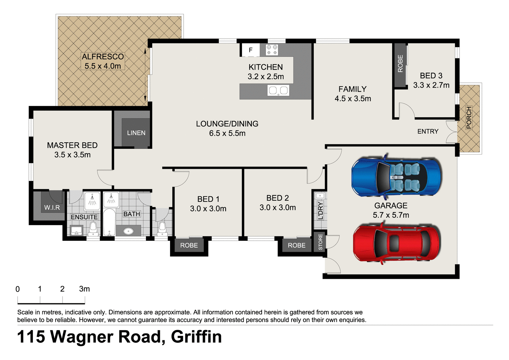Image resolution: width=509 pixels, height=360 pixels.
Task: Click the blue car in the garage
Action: click(x=396, y=177)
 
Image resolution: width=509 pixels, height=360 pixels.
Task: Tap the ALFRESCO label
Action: click(x=102, y=57)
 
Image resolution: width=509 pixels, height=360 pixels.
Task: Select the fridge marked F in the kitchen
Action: click(x=250, y=50)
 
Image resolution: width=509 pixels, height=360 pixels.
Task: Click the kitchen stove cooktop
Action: click(x=272, y=50)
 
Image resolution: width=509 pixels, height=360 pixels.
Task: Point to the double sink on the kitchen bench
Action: click(x=278, y=90)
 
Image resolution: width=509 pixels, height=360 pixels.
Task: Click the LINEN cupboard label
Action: click(x=136, y=133)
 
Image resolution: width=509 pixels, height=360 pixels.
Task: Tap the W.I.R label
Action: click(x=52, y=208)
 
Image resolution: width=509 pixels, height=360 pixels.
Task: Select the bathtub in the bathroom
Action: click(x=109, y=222)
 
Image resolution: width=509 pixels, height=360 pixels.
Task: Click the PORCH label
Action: click(x=469, y=118)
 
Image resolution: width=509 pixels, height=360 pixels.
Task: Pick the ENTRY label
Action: click(x=428, y=131)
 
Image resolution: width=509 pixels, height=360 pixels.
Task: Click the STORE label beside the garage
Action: click(x=320, y=242)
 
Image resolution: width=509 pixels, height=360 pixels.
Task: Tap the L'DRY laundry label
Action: click(x=320, y=211)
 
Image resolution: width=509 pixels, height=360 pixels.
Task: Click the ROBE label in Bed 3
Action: click(x=400, y=64)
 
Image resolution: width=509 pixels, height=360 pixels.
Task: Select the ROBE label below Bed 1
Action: click(x=189, y=245)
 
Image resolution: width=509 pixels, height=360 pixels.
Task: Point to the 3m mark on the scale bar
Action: click(x=84, y=289)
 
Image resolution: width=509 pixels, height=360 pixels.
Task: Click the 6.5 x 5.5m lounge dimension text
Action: click(x=227, y=133)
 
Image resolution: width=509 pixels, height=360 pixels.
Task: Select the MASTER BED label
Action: click(x=72, y=145)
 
